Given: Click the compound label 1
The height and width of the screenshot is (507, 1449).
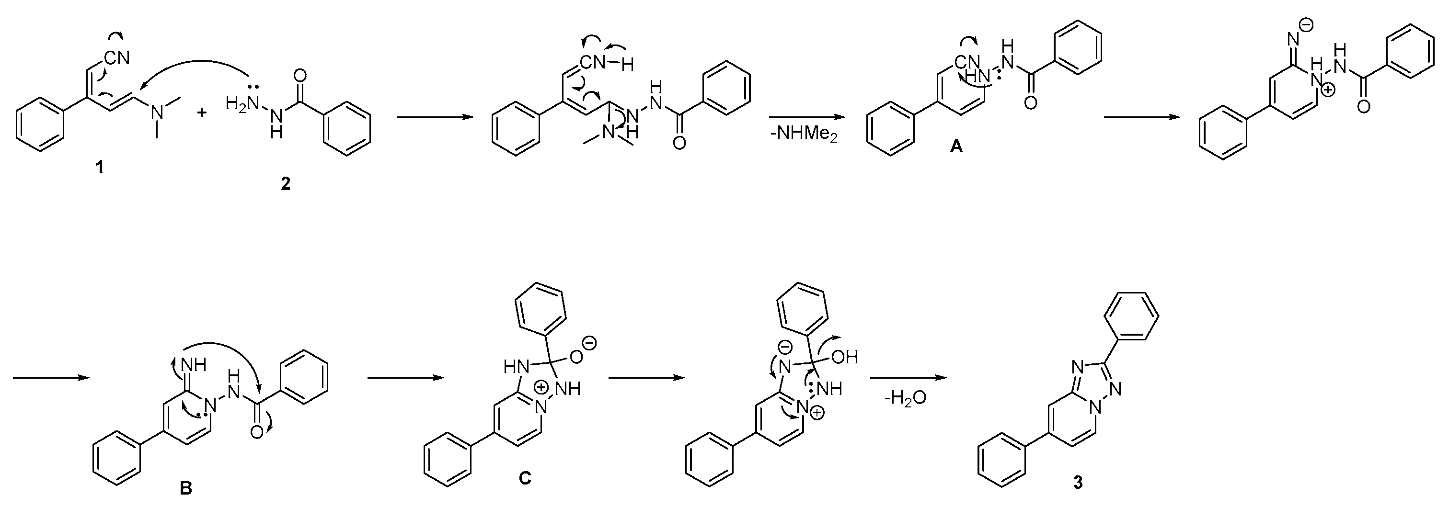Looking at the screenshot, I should (100, 167).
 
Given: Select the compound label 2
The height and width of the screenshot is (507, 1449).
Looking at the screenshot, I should (286, 184).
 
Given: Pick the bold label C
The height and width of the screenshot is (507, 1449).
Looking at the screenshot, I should (525, 478).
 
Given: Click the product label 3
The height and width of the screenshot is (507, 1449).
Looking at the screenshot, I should (1078, 482).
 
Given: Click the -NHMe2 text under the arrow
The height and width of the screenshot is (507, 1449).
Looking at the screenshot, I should (805, 135).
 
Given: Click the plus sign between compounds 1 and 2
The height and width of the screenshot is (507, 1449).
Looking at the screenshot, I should (201, 113).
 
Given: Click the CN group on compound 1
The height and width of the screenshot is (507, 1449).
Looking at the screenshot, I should (116, 57).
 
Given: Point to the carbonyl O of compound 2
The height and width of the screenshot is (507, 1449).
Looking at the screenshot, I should (300, 75).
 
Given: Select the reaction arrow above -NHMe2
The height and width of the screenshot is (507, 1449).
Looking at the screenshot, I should (806, 117).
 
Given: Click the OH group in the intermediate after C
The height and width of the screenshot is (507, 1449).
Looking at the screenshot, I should (844, 357).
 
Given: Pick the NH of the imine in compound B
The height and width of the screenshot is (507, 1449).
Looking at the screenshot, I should (193, 365).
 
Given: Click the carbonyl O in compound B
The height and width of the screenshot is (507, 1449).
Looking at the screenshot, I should (256, 432).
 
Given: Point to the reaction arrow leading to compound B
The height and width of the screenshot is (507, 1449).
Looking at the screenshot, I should (51, 378).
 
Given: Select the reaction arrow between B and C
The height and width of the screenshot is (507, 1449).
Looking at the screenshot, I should (404, 378).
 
